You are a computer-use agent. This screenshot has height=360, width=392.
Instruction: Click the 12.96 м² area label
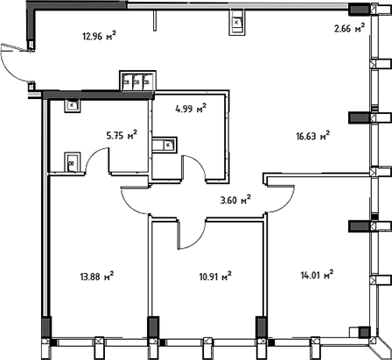[100, 37]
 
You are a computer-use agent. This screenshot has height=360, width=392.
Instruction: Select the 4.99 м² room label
[190, 109]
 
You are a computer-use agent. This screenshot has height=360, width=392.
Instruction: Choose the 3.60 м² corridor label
[234, 199]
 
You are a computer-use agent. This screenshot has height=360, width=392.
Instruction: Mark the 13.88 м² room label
[96, 275]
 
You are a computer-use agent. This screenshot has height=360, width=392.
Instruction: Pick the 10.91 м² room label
[212, 277]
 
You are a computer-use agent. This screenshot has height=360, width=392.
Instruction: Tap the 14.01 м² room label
[316, 276]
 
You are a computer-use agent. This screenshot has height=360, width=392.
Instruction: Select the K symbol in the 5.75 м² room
[72, 106]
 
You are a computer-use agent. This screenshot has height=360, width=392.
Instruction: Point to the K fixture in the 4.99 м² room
[166, 145]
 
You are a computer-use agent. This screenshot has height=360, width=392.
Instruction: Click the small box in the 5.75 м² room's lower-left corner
[71, 163]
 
